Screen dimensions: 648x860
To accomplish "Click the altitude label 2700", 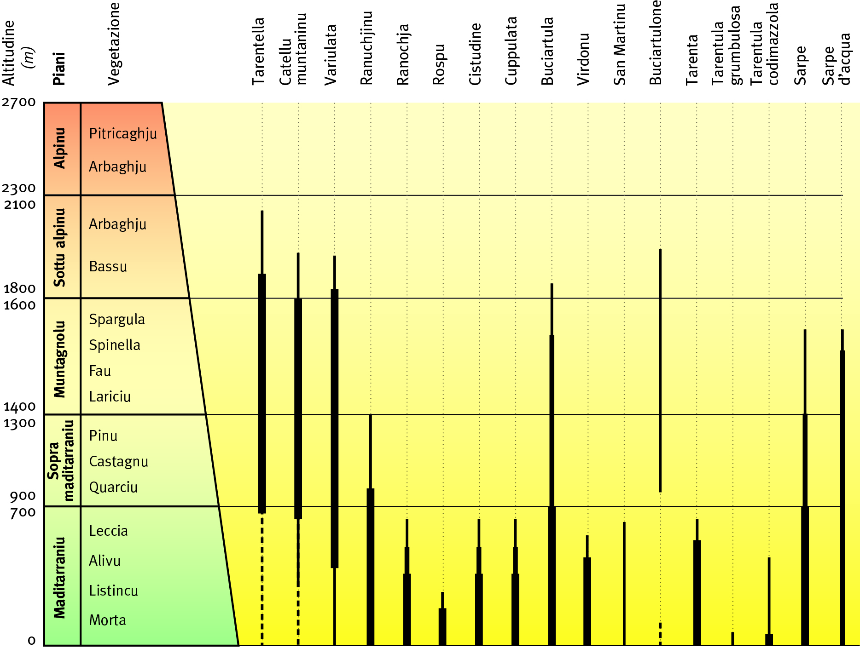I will point(18,102).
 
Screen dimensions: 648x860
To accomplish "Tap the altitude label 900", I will point(23,496).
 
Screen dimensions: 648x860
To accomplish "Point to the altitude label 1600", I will point(19,305).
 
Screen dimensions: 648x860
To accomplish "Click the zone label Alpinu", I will point(60,148).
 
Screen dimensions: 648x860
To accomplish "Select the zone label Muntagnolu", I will point(60,359).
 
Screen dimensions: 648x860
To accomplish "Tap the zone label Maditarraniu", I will point(60,577).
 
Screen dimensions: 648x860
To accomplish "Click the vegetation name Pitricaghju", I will point(123,134).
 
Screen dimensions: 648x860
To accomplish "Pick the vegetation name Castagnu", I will point(118,461).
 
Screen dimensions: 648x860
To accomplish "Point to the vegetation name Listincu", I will point(113,591).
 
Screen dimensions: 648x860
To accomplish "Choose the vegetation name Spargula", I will point(117,319).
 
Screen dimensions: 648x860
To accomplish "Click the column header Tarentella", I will point(259,52).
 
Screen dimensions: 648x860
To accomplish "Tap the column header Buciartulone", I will point(656,43).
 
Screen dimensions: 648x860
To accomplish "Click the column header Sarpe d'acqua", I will point(837,60).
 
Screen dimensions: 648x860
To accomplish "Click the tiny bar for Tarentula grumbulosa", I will point(732,638).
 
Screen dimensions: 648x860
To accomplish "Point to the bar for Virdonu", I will point(587,598).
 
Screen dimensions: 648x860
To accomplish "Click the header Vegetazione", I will point(114,44).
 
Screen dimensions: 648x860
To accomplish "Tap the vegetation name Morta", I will point(107,620).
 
